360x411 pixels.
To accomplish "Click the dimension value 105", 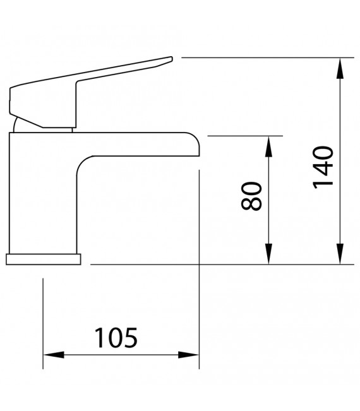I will [116, 338].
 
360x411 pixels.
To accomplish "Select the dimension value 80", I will [251, 196].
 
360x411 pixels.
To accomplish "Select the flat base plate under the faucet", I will [44, 259].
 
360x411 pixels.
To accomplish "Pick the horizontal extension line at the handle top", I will [265, 58].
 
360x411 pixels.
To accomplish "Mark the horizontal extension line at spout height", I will [246, 135].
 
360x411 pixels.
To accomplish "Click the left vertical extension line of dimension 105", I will [43, 322].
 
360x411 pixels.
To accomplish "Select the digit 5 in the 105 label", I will [129, 338].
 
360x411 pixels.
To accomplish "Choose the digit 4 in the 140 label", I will [323, 166].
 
